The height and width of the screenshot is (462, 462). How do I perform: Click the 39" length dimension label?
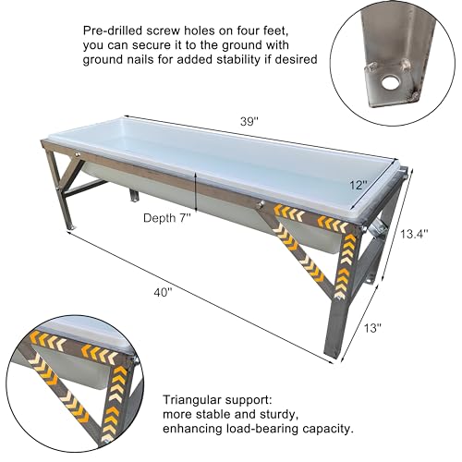tap(249, 122)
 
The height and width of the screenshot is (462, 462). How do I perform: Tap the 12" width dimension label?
tap(359, 185)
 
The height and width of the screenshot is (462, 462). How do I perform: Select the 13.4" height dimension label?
tap(414, 234)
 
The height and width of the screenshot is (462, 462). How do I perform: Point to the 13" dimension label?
tap(372, 328)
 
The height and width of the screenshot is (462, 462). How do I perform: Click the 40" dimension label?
tap(163, 292)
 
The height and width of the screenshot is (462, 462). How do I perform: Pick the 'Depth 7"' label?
tap(167, 218)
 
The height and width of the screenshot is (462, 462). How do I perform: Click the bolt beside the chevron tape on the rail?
tap(261, 203)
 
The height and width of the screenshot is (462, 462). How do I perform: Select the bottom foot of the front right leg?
tap(334, 359)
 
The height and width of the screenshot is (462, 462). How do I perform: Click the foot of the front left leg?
tap(72, 227)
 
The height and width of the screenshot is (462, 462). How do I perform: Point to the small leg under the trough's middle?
tap(134, 195)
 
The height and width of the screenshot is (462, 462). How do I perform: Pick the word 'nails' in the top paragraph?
tap(139, 59)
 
